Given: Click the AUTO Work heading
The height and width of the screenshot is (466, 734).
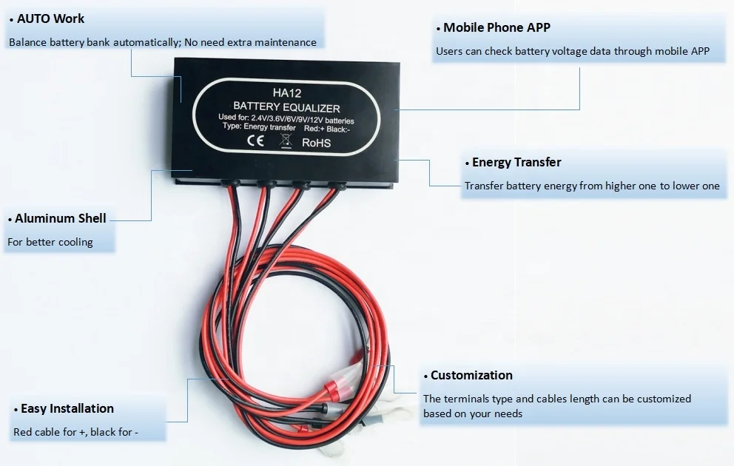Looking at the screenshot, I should coord(50,18).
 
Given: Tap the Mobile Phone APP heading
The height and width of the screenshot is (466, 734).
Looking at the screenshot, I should coord(496,28).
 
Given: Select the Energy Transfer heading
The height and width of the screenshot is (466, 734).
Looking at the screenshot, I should coord(516,163).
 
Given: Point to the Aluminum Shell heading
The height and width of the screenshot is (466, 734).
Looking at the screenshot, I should coord(60,218).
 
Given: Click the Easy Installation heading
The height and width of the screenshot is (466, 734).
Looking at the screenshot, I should coord(67,408).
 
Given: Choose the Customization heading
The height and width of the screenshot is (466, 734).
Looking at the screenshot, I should coord(471,375).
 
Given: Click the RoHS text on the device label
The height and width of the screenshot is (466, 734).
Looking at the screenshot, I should coord(317,143).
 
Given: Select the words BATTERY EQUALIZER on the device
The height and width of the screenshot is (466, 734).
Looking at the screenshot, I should coord(286,107).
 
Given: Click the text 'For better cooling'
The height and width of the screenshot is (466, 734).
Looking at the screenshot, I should coord(50,242).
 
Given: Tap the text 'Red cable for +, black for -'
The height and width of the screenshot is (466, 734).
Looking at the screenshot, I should coord(75,432).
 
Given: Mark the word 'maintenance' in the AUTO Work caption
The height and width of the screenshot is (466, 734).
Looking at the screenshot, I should coord(287,43).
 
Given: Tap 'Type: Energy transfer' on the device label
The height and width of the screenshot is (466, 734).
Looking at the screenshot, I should coord(259,128).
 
